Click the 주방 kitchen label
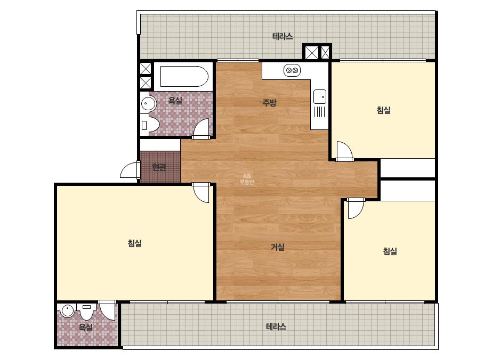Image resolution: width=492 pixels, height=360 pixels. [269, 102]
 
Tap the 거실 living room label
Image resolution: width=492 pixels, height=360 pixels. [278, 247]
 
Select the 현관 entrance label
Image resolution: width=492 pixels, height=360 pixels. [159, 167]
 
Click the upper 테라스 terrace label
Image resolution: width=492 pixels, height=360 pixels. [283, 36]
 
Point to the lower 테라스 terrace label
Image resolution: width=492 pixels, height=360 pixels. [276, 326]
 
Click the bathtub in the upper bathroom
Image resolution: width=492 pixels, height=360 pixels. [184, 76]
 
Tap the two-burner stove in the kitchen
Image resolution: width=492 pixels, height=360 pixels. [292, 70]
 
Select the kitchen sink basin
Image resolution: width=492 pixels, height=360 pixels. [320, 96]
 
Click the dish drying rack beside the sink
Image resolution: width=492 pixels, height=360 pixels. [320, 112]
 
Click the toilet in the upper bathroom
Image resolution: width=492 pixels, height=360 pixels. [150, 125]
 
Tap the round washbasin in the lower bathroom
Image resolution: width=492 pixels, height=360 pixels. [67, 310]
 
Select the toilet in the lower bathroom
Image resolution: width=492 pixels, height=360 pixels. [86, 311]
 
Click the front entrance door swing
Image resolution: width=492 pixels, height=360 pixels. [130, 170]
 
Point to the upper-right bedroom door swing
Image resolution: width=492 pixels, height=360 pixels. [345, 151]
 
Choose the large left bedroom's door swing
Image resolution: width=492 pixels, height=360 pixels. [201, 193]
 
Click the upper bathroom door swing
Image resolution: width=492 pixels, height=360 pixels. [201, 128]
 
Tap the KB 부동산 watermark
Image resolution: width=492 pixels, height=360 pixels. [247, 179]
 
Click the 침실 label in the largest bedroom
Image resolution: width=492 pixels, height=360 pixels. [135, 243]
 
